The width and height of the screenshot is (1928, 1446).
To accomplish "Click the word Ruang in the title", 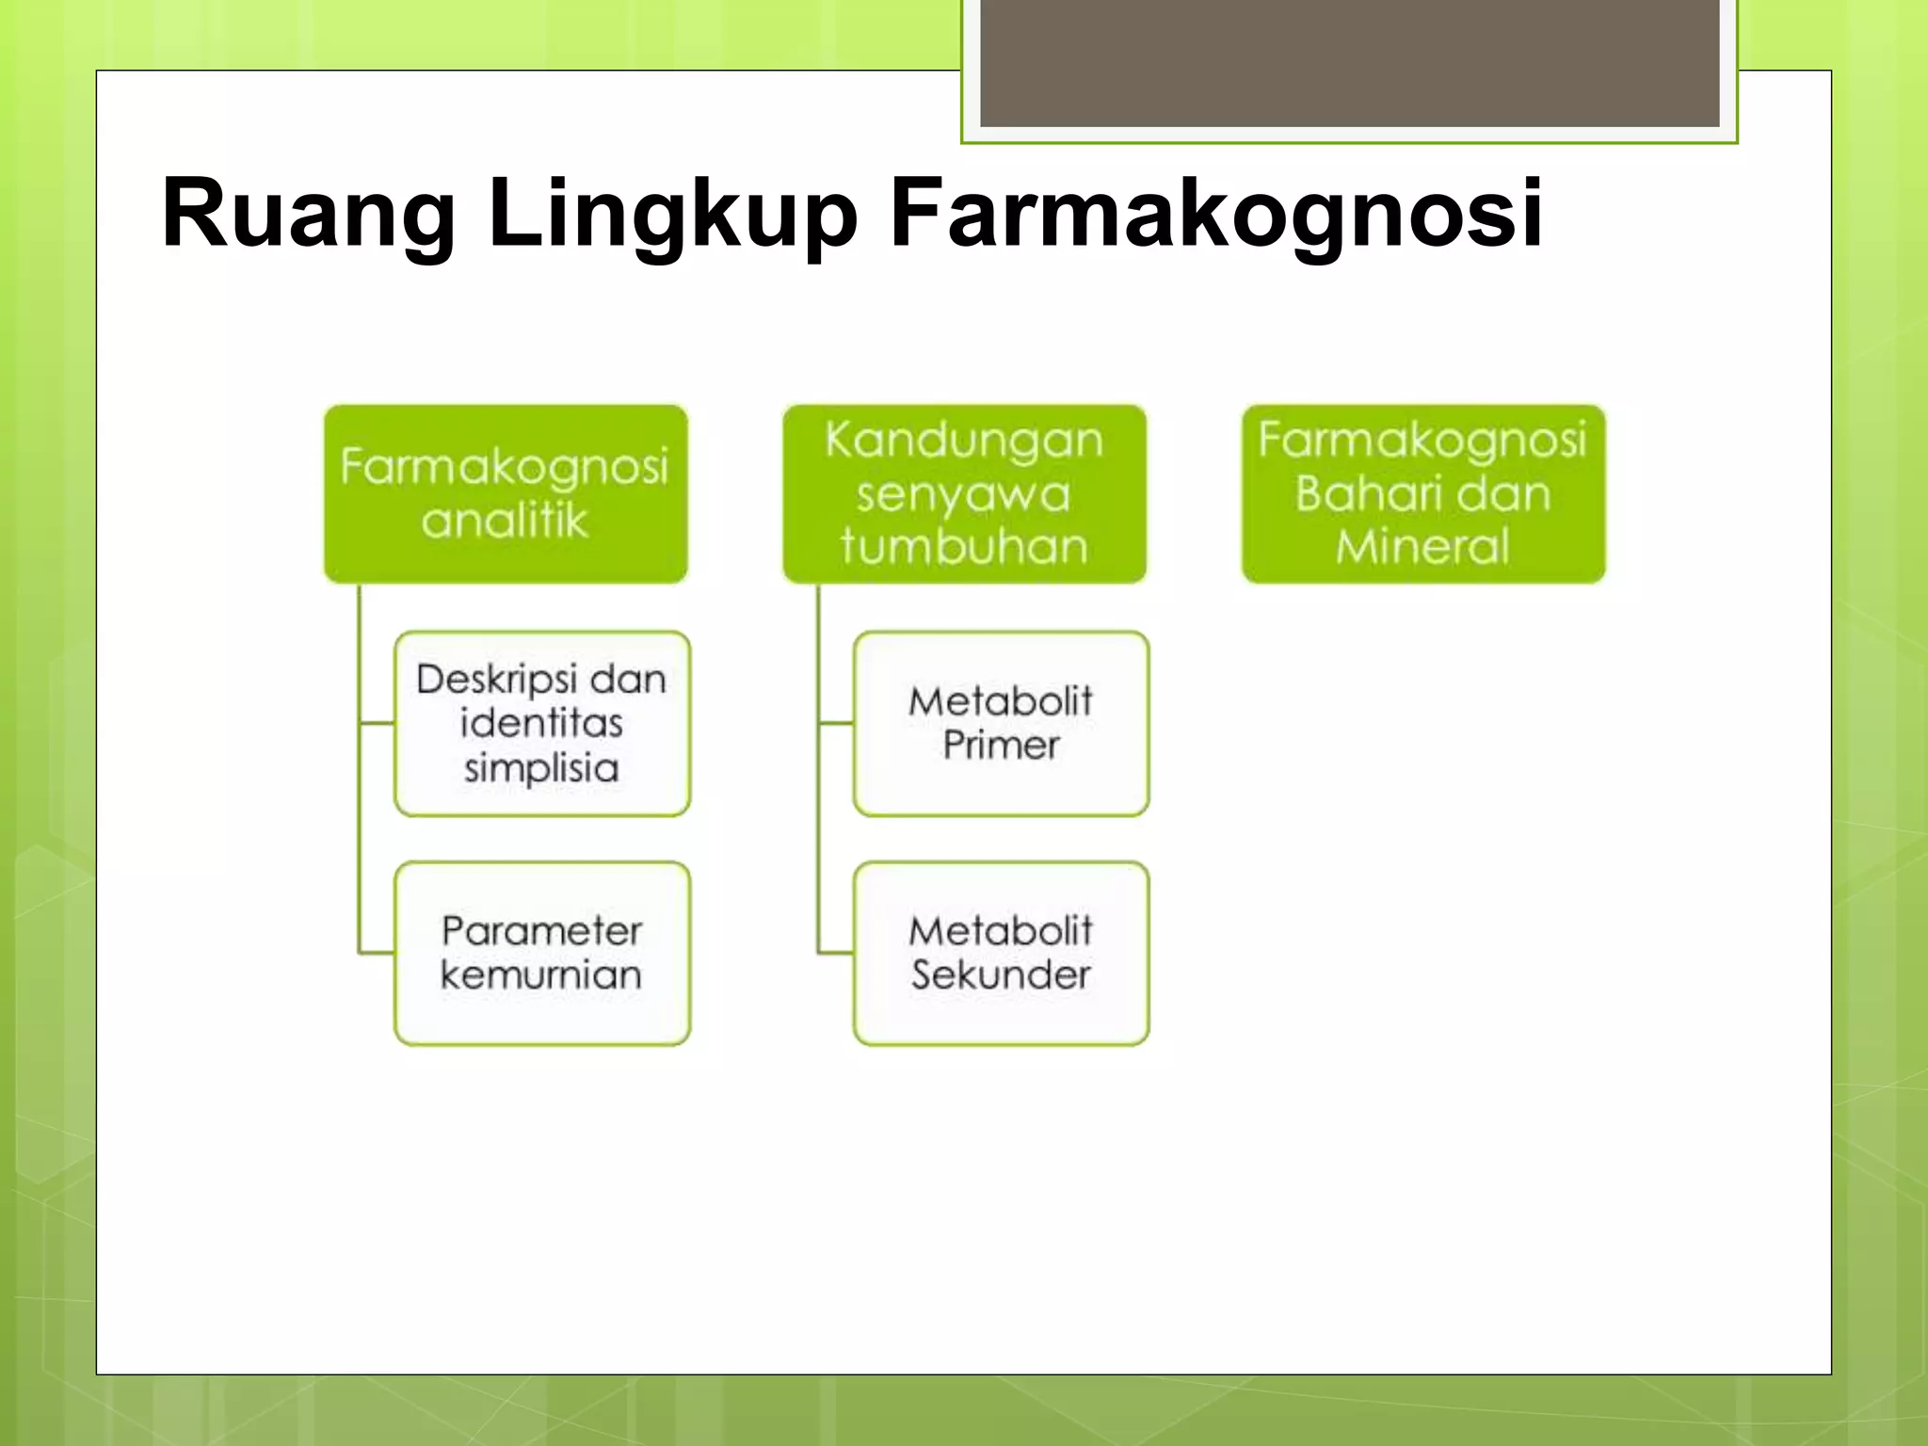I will click(308, 214).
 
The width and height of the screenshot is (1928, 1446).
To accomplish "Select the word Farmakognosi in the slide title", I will click(1214, 214).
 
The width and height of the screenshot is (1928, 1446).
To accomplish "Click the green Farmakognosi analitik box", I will click(506, 493).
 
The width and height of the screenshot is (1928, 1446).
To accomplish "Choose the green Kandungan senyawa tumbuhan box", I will click(964, 493).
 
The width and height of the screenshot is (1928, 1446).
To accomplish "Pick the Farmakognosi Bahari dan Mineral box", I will click(1422, 493).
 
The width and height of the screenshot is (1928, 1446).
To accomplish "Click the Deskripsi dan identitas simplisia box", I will click(542, 723).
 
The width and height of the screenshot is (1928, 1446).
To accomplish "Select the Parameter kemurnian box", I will click(542, 953).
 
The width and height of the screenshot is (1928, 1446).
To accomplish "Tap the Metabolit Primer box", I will click(1001, 723).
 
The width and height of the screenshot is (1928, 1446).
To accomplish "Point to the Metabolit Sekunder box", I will click(1001, 953).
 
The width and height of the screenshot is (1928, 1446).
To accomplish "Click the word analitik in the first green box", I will click(505, 521).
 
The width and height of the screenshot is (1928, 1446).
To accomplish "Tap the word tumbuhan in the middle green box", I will click(964, 546).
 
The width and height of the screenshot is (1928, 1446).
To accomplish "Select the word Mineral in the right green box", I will click(1422, 546).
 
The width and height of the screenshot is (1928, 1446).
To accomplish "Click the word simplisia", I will click(541, 768).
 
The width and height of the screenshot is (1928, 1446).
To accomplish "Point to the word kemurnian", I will click(541, 975).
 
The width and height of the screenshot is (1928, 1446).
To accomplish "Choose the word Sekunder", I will click(1001, 975).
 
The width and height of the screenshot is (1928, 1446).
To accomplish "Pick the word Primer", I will click(1001, 746).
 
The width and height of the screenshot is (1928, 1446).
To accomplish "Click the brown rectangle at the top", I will click(1349, 62).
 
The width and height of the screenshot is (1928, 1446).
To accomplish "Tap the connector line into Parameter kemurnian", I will click(376, 953).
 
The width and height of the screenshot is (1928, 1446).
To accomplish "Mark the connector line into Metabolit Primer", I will click(835, 723).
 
